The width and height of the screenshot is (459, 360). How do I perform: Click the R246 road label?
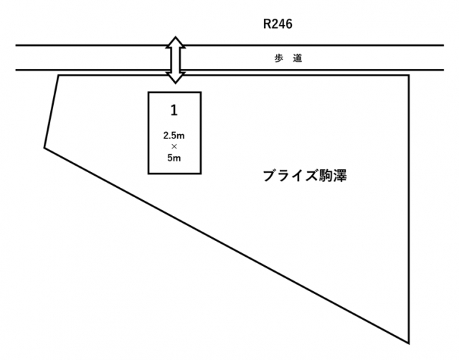click(x=279, y=24)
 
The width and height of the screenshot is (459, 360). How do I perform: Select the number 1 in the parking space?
click(x=174, y=110)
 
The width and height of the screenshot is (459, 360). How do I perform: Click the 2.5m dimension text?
click(x=174, y=135)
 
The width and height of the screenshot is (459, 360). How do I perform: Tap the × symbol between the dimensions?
click(x=174, y=146)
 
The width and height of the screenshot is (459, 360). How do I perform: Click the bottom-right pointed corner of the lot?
click(x=410, y=342)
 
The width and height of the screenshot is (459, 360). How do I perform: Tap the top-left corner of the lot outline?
click(x=58, y=75)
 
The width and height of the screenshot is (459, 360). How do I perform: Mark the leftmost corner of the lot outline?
click(x=44, y=148)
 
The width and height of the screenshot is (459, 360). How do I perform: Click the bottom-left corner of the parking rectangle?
click(x=148, y=173)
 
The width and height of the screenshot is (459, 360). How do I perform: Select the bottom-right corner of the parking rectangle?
click(x=201, y=173)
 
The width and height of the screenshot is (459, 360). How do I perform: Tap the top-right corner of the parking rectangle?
click(x=201, y=93)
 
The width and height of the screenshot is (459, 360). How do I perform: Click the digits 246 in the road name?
click(x=283, y=24)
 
